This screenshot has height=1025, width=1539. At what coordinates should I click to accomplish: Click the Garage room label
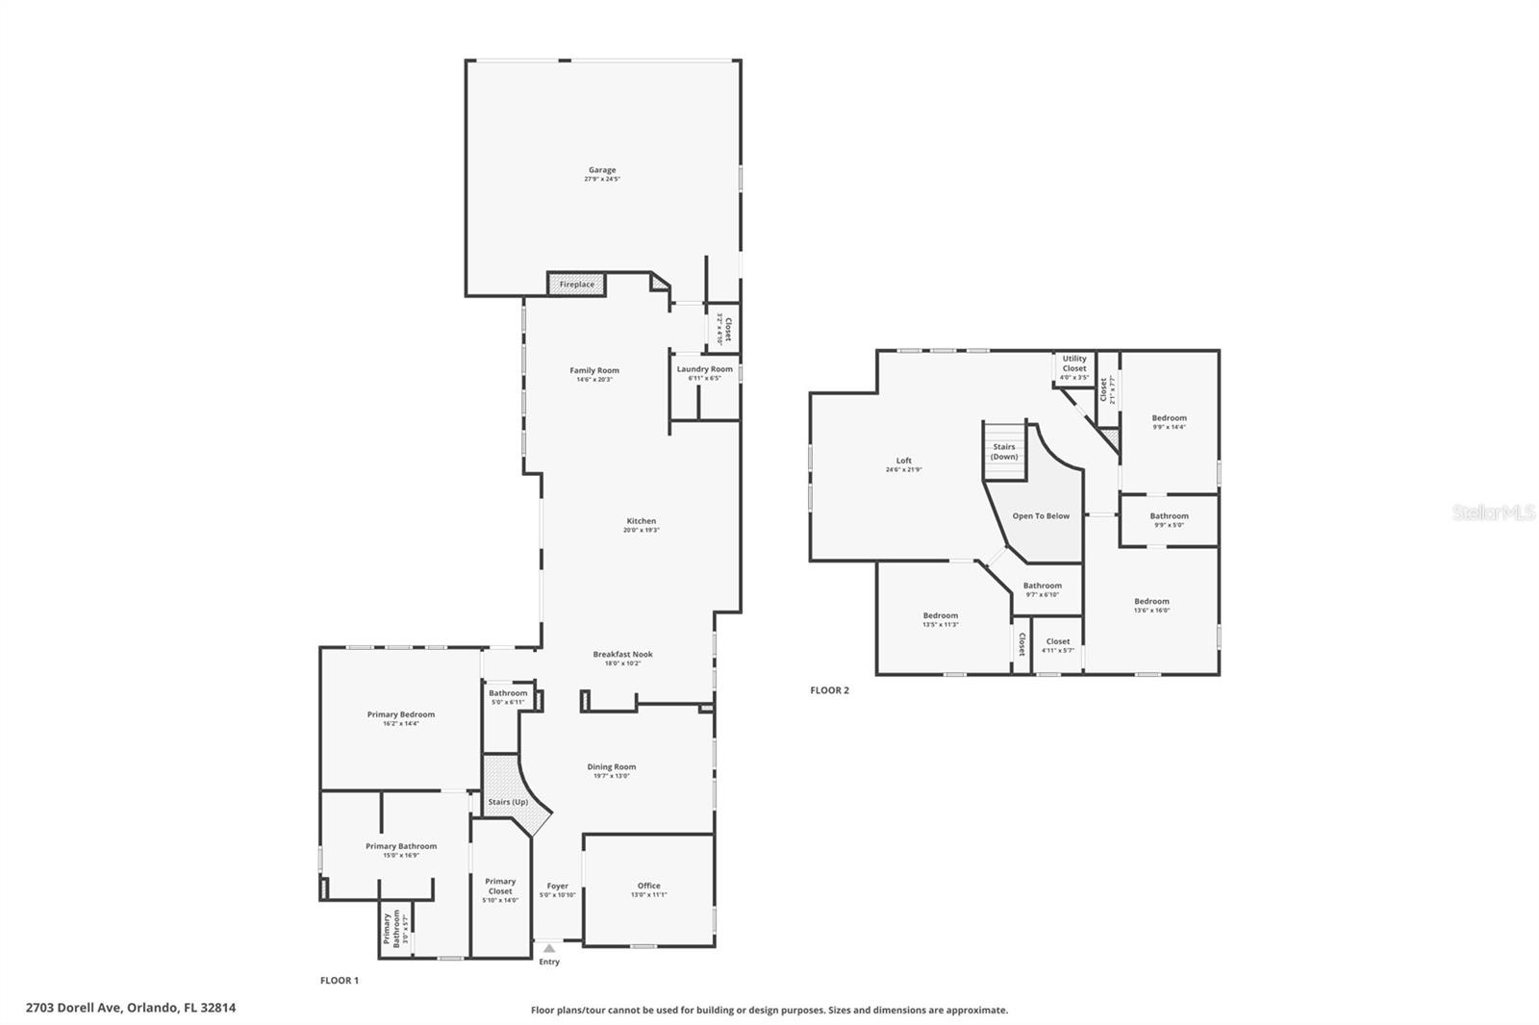point(602,170)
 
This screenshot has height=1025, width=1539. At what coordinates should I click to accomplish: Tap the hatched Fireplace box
point(577,285)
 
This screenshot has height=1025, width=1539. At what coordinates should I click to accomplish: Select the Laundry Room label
point(704,369)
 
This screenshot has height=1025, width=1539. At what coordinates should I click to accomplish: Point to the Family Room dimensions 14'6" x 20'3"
point(594,380)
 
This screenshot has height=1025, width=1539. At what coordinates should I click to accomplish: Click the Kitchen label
point(641,521)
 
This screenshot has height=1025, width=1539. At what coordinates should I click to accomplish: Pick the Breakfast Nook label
point(622,655)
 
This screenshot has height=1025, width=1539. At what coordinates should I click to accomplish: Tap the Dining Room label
point(612,767)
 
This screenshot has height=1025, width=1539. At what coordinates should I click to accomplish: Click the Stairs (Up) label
point(508,802)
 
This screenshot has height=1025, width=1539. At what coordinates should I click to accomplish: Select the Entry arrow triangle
point(549,948)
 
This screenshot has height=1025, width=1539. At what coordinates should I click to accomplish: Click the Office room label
point(648,886)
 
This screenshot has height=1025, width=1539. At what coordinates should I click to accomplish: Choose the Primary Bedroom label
point(400,714)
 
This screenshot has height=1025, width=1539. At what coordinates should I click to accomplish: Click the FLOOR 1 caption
point(340,981)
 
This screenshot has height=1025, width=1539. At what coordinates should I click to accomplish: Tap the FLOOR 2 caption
point(829,690)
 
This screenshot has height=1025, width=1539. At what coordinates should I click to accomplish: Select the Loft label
point(904,461)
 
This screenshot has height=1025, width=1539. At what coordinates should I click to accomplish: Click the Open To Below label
point(1041,516)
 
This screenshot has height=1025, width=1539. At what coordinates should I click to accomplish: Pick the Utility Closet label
point(1074,363)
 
